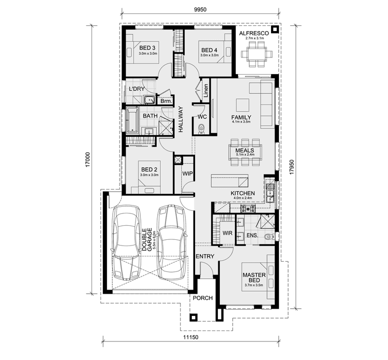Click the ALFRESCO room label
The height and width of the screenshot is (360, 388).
tap(255, 33)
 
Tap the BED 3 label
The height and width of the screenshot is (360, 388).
tap(147, 48)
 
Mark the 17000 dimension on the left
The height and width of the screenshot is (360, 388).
tap(87, 159)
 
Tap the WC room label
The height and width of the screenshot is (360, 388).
tap(202, 117)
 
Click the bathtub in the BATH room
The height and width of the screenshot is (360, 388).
tap(131, 120)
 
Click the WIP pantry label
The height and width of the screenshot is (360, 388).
tap(187, 174)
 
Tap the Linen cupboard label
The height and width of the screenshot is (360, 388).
tap(206, 90)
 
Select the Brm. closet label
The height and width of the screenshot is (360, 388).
tap(166, 102)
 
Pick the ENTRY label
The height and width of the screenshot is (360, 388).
tap(205, 256)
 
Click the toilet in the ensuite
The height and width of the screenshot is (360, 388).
tap(266, 237)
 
